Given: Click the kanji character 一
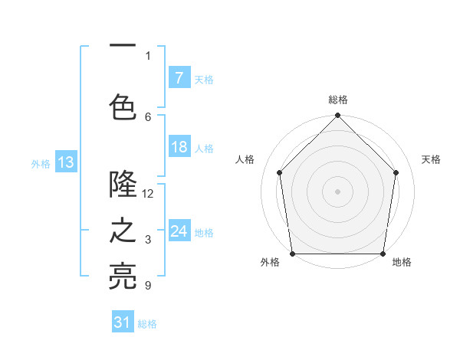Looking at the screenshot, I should (123, 47).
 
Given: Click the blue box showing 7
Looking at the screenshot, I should (179, 78).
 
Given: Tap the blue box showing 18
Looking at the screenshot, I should (179, 147).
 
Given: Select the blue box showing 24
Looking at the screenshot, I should (179, 231).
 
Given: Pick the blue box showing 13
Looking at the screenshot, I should (65, 162).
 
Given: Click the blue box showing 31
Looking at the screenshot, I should (123, 322).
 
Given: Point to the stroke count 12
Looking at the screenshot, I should (148, 194).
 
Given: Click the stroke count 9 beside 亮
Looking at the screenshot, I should (148, 286).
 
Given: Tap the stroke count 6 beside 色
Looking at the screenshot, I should (148, 116).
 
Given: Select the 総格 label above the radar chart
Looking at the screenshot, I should (337, 100).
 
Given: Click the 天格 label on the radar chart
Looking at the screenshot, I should (431, 159).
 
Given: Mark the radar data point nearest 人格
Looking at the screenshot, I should (279, 172).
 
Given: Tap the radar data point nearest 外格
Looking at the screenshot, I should (292, 254).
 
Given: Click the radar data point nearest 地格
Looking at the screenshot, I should (383, 254).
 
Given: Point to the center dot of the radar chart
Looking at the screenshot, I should (337, 191).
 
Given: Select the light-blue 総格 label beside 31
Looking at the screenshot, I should (147, 324).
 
